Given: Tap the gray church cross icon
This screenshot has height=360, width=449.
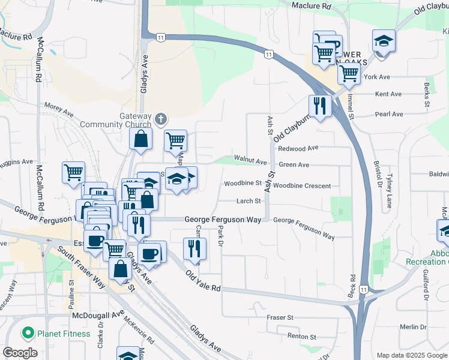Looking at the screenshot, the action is point(160,119).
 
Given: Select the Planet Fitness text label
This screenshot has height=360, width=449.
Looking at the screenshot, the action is point(63,334).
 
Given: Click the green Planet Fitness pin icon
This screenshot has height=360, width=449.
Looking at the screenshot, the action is point(27,333).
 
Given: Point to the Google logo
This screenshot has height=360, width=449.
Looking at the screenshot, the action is point(20,353).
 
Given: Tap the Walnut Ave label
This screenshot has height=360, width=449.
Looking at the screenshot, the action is point(250,161).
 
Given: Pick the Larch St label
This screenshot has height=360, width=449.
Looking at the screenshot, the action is point(249,202).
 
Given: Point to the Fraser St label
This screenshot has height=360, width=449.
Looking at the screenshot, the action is point(280,317).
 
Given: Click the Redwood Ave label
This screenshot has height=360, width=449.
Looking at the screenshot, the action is point(298,148).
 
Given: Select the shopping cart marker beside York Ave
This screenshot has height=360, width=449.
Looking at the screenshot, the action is point(349,74).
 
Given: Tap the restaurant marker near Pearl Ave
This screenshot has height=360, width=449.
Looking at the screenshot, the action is point(320,106).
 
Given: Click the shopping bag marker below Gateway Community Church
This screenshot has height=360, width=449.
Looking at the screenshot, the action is point(140,139).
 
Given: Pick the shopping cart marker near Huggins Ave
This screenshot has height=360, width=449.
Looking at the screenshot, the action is point(73,173).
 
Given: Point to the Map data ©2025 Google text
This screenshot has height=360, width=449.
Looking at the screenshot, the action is point(411,355).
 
